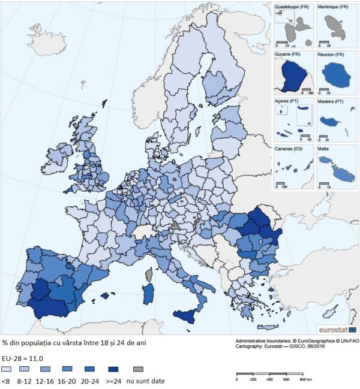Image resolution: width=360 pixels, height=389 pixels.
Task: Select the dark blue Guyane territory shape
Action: tap(292, 76)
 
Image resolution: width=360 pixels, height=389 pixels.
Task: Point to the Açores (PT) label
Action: tap(286, 101)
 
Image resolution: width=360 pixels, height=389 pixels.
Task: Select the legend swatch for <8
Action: tap(7, 369)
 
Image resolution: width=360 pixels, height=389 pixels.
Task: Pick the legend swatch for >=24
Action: tap(115, 369)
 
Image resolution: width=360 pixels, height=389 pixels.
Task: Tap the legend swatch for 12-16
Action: tap(50, 369)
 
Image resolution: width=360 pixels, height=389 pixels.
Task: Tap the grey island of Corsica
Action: tap(149, 275)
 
